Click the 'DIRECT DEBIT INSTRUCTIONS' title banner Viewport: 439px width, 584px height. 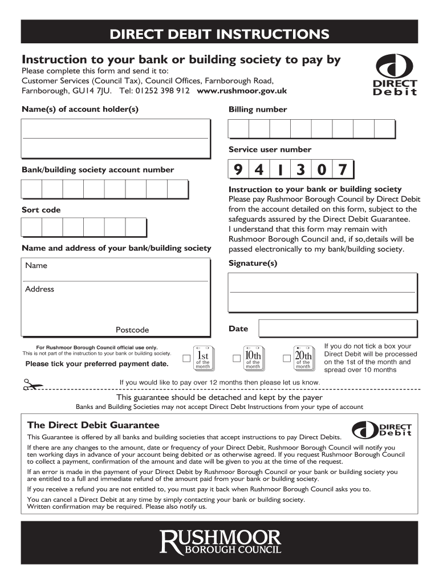(x=219, y=34)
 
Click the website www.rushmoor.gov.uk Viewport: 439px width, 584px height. (x=241, y=91)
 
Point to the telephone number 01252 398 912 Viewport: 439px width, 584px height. (x=163, y=91)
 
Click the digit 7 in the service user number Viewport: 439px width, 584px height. (x=342, y=170)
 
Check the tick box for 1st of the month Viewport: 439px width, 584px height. (x=186, y=358)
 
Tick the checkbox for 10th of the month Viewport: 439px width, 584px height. (x=236, y=358)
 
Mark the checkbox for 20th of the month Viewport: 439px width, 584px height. (x=287, y=358)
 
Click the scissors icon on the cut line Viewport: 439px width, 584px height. (x=33, y=385)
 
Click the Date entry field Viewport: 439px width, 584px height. (x=336, y=329)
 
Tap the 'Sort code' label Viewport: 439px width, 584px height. (x=41, y=210)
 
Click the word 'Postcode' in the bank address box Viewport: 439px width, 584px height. (x=132, y=330)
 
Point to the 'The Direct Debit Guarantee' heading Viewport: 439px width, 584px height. (x=94, y=425)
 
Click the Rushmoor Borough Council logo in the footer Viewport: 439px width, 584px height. (x=220, y=542)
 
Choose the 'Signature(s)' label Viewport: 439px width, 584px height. (x=253, y=263)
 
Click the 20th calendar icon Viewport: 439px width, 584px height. (x=303, y=358)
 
